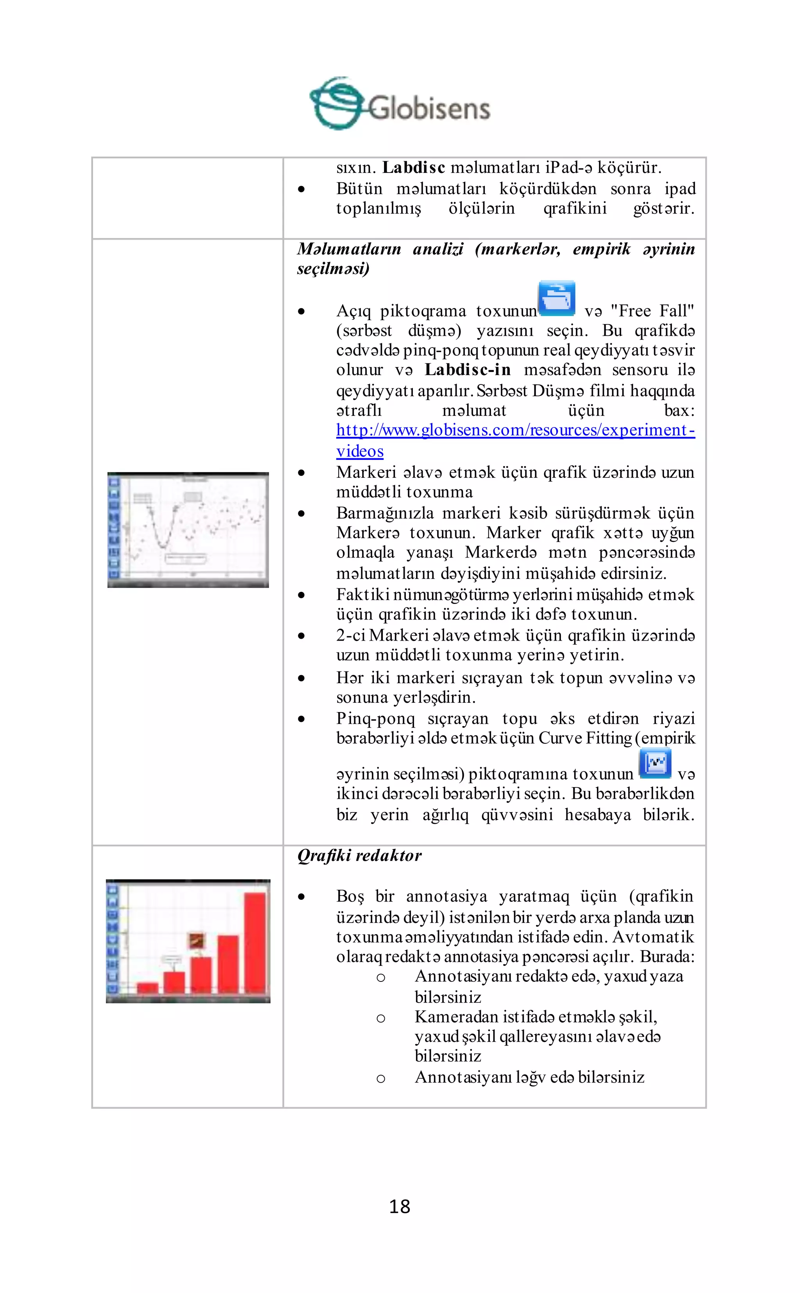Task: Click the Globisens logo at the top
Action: tap(400, 104)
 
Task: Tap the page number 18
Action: tap(400, 1206)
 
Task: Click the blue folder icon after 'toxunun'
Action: tap(556, 299)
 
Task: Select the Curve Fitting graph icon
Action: tap(655, 764)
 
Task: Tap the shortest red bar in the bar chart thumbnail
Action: tap(148, 988)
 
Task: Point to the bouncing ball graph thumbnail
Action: tap(188, 530)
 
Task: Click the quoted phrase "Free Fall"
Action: tap(652, 311)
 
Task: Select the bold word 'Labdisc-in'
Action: tap(467, 370)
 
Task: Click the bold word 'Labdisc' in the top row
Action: tap(413, 167)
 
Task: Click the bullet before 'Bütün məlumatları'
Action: tap(301, 189)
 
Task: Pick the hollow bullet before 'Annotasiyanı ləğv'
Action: tap(380, 1078)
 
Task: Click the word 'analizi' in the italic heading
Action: tap(437, 249)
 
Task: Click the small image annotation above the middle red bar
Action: tap(197, 940)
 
